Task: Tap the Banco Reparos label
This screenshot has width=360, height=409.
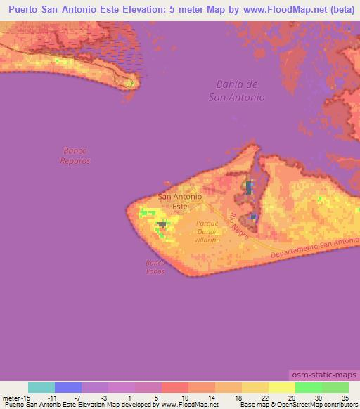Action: point(76,155)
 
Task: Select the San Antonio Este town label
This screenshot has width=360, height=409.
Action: point(181,202)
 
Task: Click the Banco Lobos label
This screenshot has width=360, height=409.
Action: point(155,266)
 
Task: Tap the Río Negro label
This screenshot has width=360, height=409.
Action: point(238,227)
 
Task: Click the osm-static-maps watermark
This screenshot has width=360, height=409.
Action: point(323,373)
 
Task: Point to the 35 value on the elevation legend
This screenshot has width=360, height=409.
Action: point(345,398)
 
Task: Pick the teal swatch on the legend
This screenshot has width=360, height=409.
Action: point(41,387)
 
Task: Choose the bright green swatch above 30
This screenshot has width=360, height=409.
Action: point(309,387)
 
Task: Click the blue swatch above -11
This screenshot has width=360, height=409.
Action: point(68,387)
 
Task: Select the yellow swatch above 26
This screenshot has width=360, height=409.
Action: point(282,387)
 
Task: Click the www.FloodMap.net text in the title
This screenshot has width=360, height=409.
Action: point(281,10)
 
